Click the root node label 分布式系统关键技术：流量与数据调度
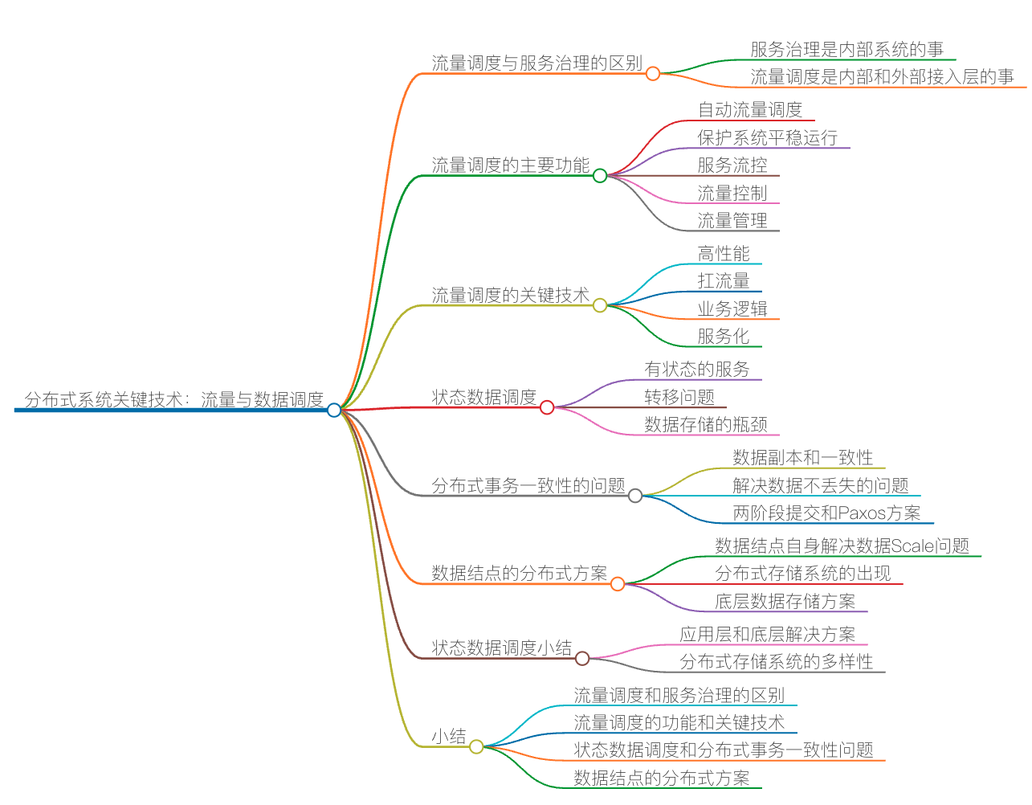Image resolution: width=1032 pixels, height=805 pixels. [173, 399]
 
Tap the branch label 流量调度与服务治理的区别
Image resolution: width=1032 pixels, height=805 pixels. [536, 63]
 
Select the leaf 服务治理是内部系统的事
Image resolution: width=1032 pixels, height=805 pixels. [846, 50]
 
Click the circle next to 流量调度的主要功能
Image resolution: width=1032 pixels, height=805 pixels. [600, 175]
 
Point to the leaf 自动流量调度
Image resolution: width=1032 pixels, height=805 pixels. [749, 110]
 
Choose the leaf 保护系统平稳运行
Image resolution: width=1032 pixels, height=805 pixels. [767, 138]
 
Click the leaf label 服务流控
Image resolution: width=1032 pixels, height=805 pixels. [732, 165]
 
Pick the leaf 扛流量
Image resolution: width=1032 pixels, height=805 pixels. [723, 281]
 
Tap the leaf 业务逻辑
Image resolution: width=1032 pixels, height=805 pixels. [732, 309]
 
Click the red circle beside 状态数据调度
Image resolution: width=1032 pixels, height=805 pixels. [547, 407]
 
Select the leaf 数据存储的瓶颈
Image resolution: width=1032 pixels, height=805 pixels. [705, 425]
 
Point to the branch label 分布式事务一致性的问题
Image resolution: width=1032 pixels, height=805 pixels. [528, 486]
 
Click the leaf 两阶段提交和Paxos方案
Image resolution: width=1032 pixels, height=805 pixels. [826, 513]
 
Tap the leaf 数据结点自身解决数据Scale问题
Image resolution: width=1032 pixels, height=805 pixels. [842, 546]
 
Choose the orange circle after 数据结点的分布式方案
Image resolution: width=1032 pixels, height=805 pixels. [618, 584]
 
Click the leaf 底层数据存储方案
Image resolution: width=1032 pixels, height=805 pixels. [785, 602]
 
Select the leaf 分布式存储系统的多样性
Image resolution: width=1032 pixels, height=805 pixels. [776, 662]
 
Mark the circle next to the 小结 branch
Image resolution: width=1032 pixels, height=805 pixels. [476, 746]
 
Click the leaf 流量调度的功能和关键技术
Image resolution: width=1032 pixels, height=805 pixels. [679, 723]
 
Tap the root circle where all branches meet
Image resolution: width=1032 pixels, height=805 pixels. [334, 410]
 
